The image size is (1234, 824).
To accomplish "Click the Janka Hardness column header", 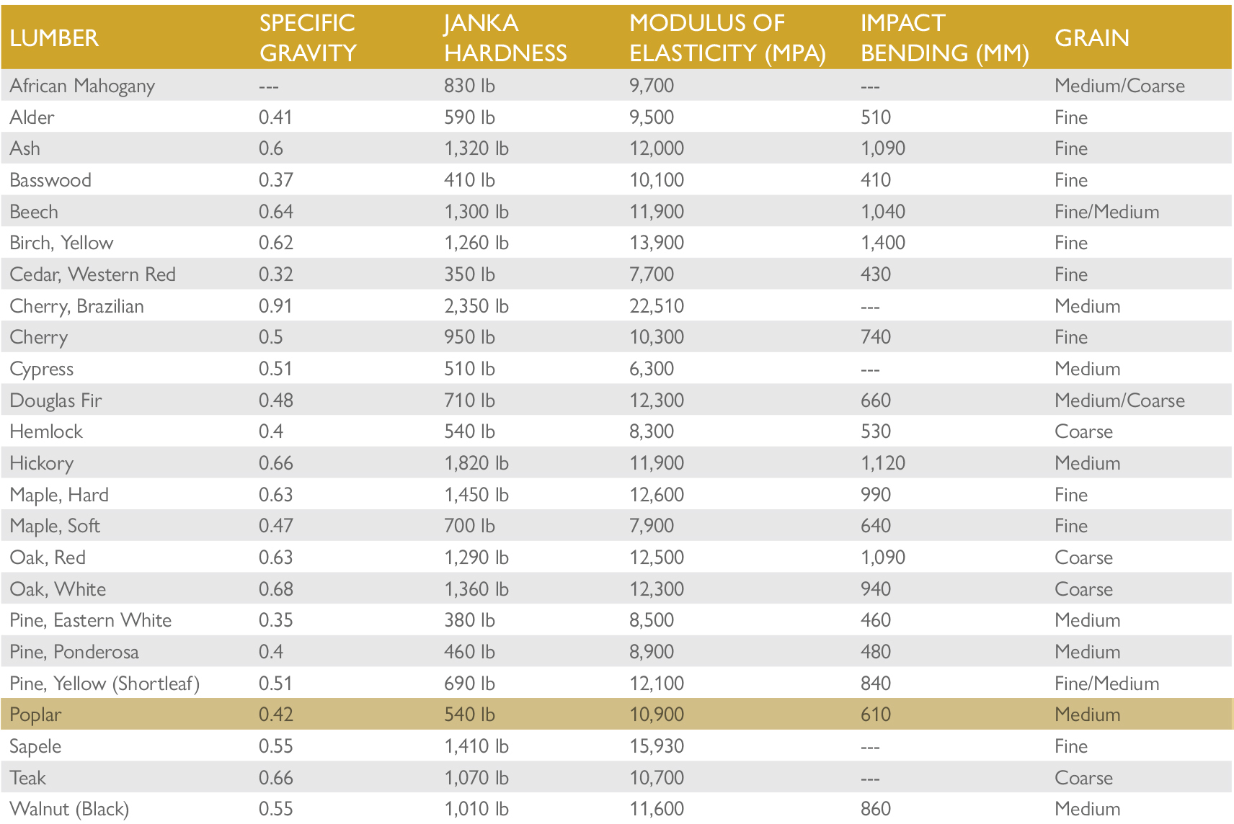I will click(x=505, y=38).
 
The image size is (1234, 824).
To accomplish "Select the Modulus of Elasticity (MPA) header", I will click(x=727, y=38).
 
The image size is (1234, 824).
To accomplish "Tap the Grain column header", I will click(x=1091, y=38).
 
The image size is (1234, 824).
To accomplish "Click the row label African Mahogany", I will click(x=82, y=86).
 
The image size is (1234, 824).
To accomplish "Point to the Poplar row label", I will click(x=35, y=715).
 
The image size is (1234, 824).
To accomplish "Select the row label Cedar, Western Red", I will click(x=92, y=274).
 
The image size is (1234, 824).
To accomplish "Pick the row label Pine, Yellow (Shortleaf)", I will click(x=105, y=684).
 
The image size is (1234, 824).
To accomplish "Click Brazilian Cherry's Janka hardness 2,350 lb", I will click(x=476, y=306).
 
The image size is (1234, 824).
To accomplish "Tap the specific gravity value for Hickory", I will click(x=275, y=463).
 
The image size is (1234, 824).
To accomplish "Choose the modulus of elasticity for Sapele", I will click(x=656, y=746).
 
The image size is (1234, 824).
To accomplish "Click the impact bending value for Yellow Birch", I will click(x=882, y=243).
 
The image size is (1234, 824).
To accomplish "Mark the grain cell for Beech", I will click(x=1106, y=212).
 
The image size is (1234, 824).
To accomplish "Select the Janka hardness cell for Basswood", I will click(x=469, y=180).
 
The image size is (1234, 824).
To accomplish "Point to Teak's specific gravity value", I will click(x=275, y=778).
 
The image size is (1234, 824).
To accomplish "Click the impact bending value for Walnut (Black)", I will click(x=875, y=809).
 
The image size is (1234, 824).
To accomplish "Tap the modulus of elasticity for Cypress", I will click(x=651, y=369).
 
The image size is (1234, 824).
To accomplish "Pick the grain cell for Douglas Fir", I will click(x=1119, y=400).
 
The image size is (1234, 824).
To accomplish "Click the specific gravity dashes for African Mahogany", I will click(x=268, y=86).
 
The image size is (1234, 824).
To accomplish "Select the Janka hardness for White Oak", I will click(x=476, y=589).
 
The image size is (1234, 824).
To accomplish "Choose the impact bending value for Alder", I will click(x=875, y=117).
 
